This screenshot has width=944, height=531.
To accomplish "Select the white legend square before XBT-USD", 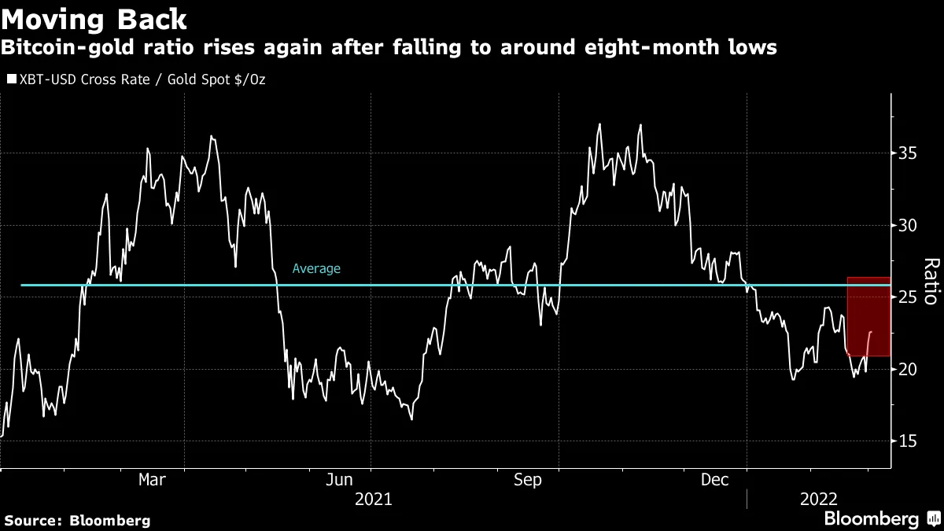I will [x=10, y=79].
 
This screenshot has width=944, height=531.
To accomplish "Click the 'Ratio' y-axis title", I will [x=930, y=281].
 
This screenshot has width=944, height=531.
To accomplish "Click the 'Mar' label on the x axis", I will [x=151, y=480].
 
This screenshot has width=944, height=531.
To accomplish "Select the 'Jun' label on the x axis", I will [x=339, y=480].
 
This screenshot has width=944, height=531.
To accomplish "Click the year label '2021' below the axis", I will [x=373, y=499].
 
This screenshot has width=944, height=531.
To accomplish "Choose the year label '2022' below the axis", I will [x=819, y=499].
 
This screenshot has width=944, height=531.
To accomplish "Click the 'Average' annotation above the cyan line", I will [x=316, y=269].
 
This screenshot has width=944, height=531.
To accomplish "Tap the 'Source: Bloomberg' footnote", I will [x=77, y=520].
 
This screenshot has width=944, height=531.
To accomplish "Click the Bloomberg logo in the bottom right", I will [x=871, y=519].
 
